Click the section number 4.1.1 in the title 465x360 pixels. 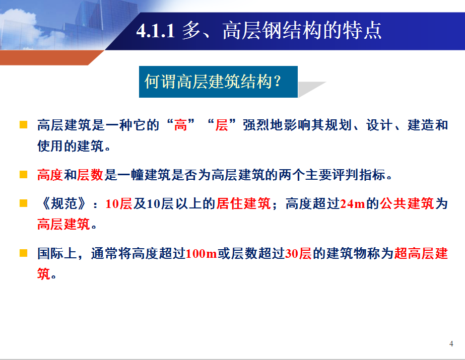(x=155, y=31)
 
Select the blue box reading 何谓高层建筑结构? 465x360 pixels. (x=218, y=82)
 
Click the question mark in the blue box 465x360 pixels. (x=278, y=81)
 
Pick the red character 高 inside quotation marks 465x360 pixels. (x=180, y=125)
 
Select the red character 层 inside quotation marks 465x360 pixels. (x=222, y=125)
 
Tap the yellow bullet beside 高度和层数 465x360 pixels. (x=24, y=175)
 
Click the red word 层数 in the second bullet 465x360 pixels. (x=90, y=175)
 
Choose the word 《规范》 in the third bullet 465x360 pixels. (x=64, y=204)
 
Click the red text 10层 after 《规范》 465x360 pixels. (x=119, y=204)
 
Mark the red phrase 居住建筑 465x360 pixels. (x=243, y=204)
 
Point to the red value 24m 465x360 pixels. (x=352, y=204)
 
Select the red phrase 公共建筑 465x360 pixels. (x=407, y=204)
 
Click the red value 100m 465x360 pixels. (x=202, y=254)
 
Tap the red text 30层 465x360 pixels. (x=298, y=254)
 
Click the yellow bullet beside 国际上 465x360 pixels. (x=24, y=253)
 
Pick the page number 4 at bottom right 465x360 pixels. (x=451, y=344)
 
